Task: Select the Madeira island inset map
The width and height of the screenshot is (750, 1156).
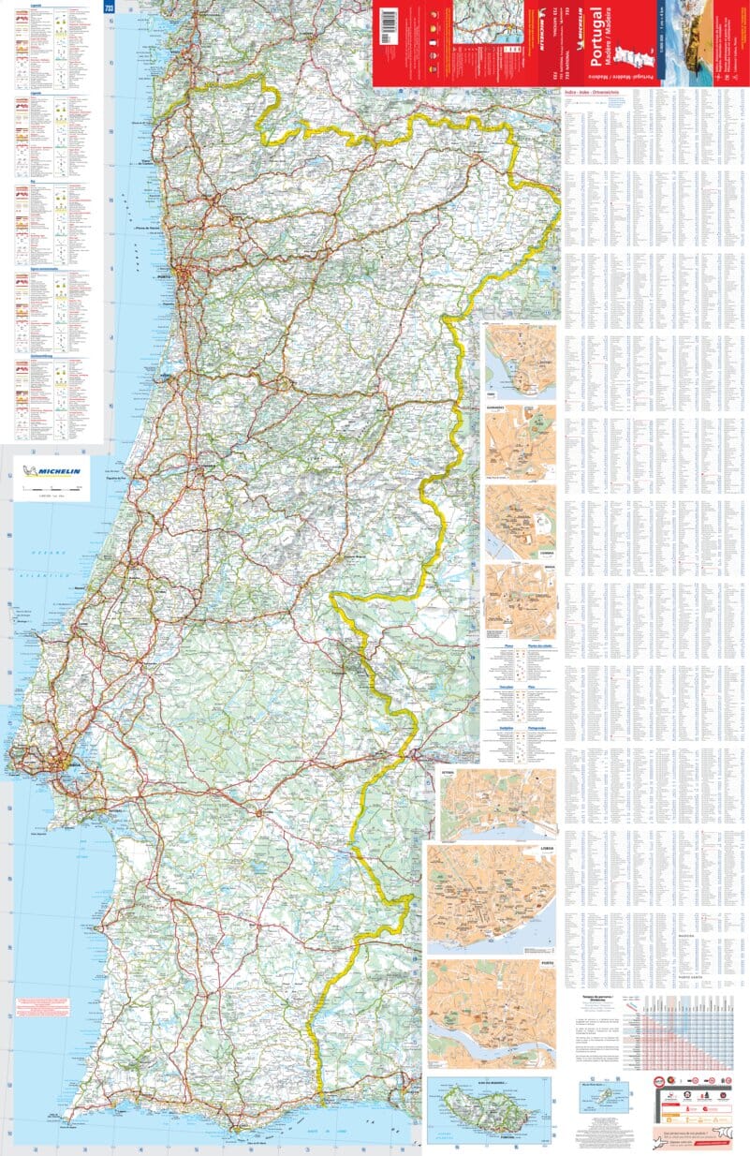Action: (x=486, y=1109)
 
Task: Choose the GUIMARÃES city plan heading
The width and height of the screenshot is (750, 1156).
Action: (x=495, y=408)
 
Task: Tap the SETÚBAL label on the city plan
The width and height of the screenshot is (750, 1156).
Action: (x=449, y=774)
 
